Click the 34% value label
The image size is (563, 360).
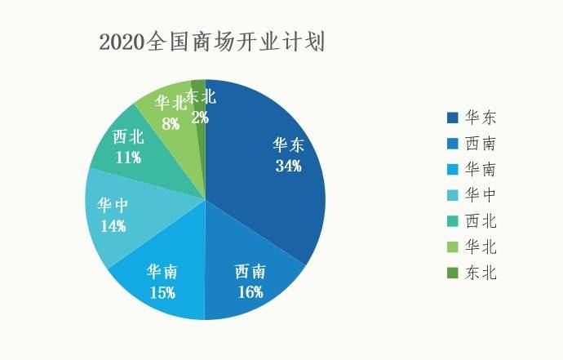pos(288,166)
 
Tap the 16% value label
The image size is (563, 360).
pos(250,291)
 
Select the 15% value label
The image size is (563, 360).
pos(162,291)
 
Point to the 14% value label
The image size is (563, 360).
pos(113,225)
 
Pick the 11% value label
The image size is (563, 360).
pos(128,158)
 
